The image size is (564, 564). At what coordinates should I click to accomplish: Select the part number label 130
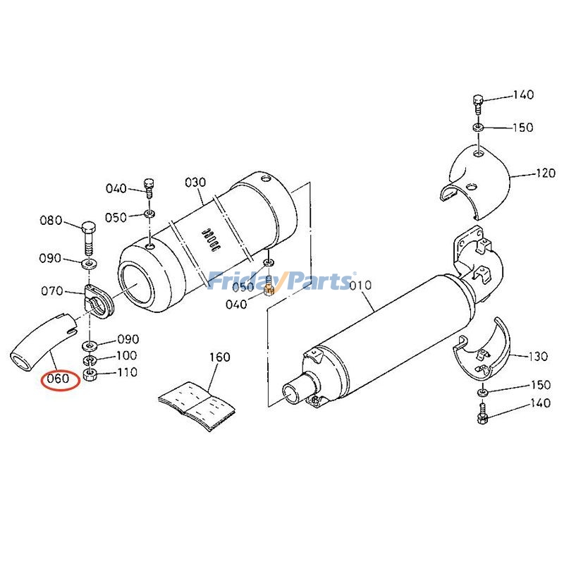[537, 357]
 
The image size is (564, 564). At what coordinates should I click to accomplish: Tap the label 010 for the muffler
[360, 286]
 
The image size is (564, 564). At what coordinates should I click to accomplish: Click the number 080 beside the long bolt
[51, 221]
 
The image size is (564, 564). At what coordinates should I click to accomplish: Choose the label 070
[53, 290]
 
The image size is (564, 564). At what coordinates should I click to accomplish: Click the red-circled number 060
[57, 379]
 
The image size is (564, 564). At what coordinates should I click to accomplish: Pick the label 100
[127, 356]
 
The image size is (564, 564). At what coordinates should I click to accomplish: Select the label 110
[127, 373]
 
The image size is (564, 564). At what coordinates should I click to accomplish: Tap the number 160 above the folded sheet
[219, 357]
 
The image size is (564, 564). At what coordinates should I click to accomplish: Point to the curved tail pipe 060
[39, 342]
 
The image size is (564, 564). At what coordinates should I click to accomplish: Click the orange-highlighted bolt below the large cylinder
[269, 289]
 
